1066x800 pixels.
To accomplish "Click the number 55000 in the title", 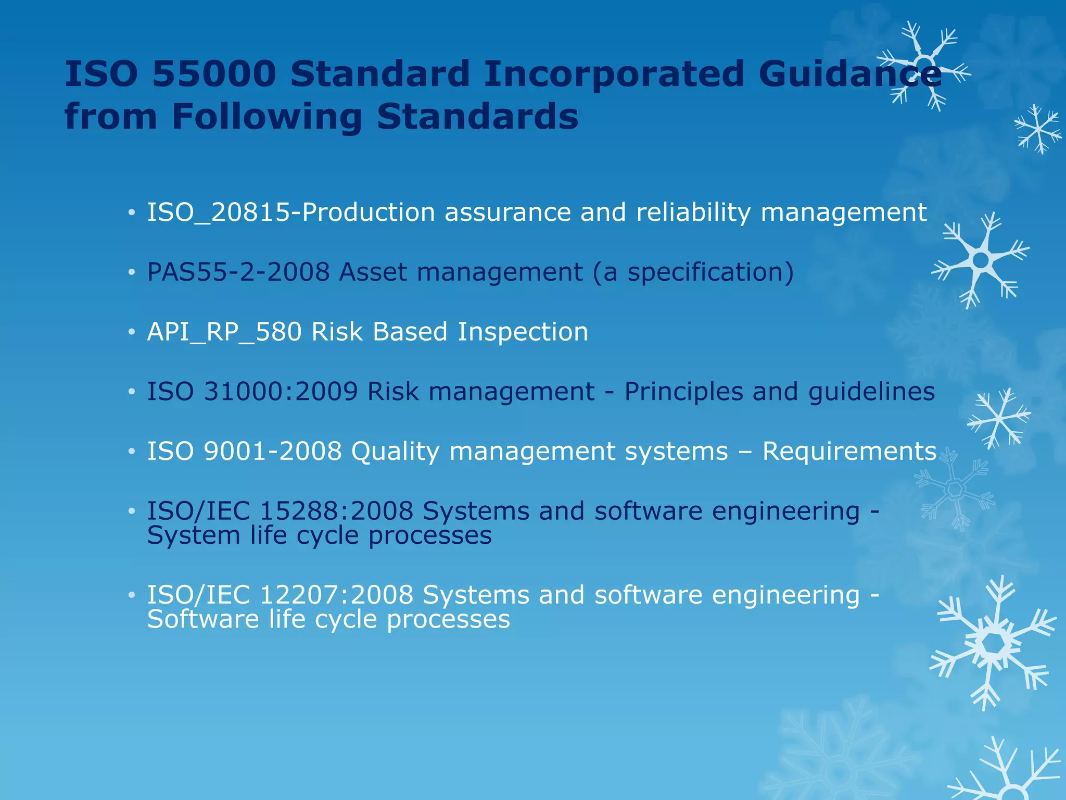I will [x=214, y=74].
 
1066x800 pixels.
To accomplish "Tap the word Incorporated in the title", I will [x=614, y=74].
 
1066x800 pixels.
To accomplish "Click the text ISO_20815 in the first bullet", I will [x=218, y=213].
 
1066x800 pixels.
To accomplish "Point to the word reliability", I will [x=693, y=213].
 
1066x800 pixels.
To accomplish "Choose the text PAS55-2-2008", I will [x=238, y=272].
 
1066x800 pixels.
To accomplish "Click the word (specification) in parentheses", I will [x=710, y=272].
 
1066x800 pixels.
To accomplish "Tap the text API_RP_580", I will [x=224, y=332].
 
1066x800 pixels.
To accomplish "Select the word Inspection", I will [x=523, y=332].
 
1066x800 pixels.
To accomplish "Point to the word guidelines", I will [x=871, y=392].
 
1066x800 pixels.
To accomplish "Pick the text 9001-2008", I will [x=272, y=452].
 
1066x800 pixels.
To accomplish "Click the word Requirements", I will [x=849, y=452].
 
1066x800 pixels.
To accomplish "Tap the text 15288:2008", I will [x=336, y=511].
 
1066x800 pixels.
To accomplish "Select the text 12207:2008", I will [x=336, y=595].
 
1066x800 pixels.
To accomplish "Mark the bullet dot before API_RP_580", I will [x=132, y=332].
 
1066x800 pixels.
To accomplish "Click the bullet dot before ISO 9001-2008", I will [x=132, y=452].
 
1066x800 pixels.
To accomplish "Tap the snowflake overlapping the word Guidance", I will [x=923, y=66].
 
